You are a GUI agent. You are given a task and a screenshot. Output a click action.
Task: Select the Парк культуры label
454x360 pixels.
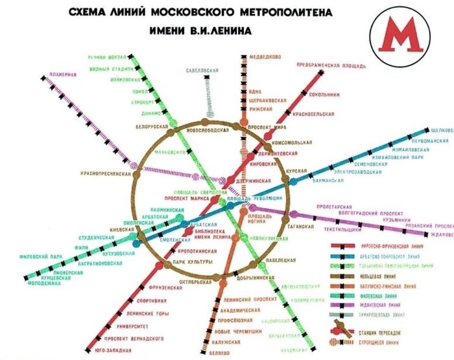pos(193,261)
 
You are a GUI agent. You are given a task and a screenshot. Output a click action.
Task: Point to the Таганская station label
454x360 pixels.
pos(301,227)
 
